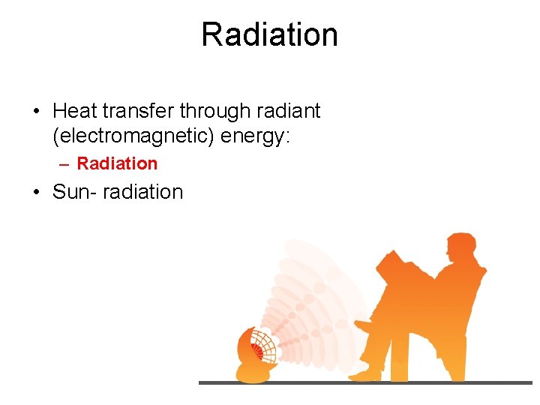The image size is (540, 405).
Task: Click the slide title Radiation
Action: click(269, 35)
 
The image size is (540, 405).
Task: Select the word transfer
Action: click(138, 112)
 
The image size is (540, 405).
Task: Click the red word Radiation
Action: click(117, 163)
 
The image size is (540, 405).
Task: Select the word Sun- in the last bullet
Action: click(75, 192)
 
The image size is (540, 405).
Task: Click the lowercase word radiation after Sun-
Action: click(142, 192)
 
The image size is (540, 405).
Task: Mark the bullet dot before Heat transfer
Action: click(36, 112)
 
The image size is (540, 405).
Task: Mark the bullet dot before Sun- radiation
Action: click(36, 193)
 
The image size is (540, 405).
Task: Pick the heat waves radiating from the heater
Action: click(307, 300)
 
